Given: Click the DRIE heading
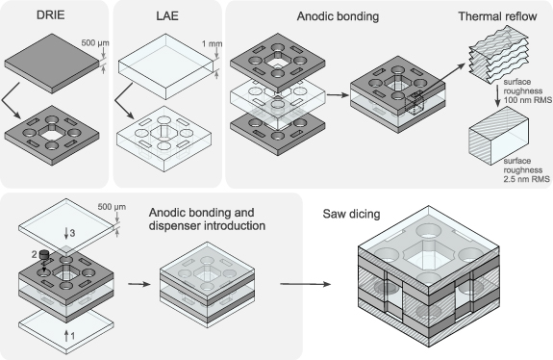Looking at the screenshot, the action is (50, 15).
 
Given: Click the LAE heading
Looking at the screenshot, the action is (167, 15).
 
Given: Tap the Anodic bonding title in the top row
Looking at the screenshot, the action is (338, 16).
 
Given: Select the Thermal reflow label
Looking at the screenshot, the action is (497, 16).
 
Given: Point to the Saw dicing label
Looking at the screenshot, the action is (351, 214).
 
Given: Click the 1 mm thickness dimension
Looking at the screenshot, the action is (212, 43).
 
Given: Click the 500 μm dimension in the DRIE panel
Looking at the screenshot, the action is (95, 43).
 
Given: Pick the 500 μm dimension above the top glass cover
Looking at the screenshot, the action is (112, 206).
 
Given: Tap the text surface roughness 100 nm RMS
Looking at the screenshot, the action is (527, 91).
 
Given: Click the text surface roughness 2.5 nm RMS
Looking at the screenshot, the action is (526, 169).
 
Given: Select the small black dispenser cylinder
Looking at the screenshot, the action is (44, 254).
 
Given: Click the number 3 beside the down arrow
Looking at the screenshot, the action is (72, 233).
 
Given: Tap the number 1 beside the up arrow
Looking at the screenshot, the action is (73, 336).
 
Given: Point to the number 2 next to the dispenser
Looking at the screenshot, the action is (35, 254).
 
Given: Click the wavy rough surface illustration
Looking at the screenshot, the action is (498, 55).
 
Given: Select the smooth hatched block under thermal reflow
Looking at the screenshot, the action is (498, 136).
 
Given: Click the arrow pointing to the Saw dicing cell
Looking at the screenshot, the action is (306, 284).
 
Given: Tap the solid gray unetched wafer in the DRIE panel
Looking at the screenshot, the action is (52, 64).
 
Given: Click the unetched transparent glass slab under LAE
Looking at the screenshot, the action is (165, 66).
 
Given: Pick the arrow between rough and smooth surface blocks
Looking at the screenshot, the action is (497, 95).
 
